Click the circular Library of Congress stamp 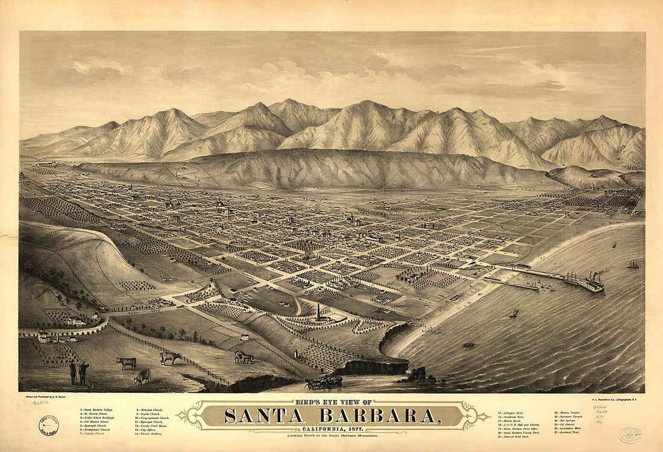pyautogui.click(x=48, y=426)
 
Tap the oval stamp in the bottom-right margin pyautogui.click(x=630, y=434)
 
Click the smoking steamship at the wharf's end pyautogui.click(x=594, y=281)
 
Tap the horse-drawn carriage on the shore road pyautogui.click(x=324, y=382)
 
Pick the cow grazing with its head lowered pyautogui.click(x=142, y=378)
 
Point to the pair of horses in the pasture pyautogui.click(x=244, y=357)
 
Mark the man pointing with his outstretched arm pyautogui.click(x=84, y=371)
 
